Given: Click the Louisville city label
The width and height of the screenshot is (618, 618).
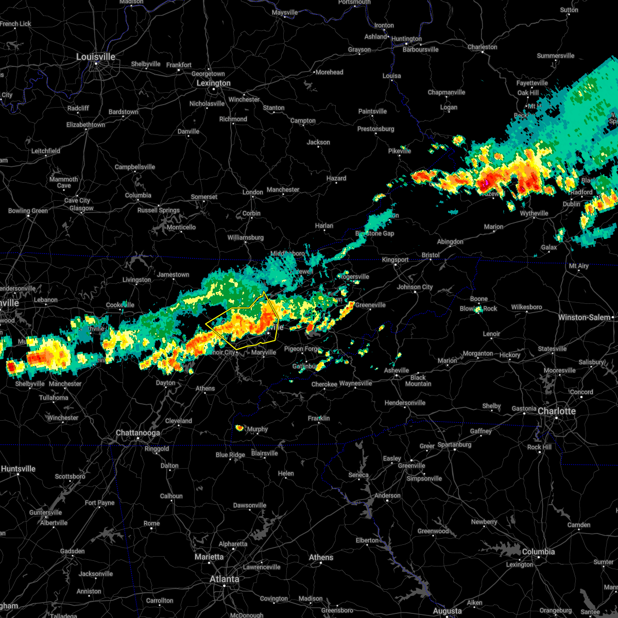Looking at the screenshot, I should coord(96,57).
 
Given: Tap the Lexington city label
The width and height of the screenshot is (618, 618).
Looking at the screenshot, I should coord(213,83).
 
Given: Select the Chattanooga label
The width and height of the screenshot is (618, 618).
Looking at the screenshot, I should coord(138,433).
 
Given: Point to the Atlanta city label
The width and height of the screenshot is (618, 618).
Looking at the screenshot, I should coord(225,579).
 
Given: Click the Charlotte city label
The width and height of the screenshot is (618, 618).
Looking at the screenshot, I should coord(557,411).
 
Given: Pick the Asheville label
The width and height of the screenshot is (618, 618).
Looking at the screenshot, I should coord(397,370).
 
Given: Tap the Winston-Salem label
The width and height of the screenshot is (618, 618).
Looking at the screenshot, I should coord(586,317).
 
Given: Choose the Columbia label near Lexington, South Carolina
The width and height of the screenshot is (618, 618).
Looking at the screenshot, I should coord(539,552).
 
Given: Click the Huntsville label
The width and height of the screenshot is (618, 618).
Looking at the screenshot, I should coord(19,469).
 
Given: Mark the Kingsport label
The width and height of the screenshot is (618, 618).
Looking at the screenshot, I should coord(395,260).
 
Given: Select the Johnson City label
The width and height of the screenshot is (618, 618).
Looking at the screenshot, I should coord(415,287).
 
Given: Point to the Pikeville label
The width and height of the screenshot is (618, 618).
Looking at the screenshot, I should coord(400,151).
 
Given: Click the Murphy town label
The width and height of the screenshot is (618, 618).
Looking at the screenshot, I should coord(257,429).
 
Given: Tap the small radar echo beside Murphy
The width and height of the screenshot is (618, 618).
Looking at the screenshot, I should coord(239,428).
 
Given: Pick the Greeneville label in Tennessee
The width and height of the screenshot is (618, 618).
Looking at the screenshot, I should coord(370,305).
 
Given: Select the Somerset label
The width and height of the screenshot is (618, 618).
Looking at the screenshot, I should coord(204,197).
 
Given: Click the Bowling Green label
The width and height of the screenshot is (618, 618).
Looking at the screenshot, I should coord(28,211).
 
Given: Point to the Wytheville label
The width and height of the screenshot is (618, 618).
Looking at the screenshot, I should coord(534,213).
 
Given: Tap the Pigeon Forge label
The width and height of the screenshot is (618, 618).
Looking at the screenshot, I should coord(302,349).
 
